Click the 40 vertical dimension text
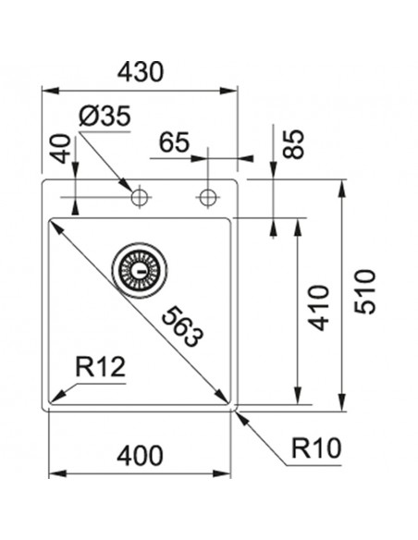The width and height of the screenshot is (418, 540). tap(60, 149)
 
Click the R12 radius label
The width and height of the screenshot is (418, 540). tap(100, 368)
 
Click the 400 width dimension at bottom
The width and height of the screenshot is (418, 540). tap(141, 455)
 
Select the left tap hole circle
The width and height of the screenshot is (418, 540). tap(140, 197)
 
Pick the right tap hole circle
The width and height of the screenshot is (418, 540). tap(207, 197)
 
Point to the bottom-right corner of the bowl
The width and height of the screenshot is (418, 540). tap(230, 403)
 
